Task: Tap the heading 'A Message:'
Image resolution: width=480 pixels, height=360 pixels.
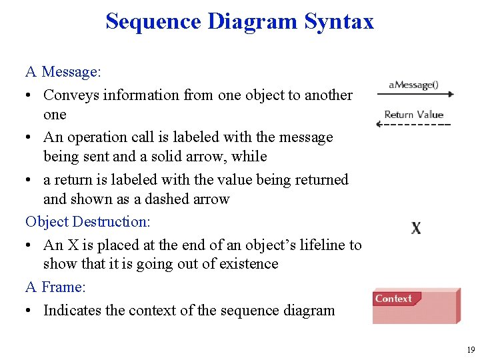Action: coord(62,71)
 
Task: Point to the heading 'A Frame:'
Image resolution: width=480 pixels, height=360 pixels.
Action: coord(55,287)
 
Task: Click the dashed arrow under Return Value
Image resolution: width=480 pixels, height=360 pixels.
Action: coord(414,125)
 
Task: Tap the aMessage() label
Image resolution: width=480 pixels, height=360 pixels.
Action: coord(413,85)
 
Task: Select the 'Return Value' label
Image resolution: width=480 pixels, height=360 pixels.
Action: coord(413,115)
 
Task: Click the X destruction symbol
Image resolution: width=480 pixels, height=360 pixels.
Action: coord(416,228)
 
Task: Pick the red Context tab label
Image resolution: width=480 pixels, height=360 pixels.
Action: coord(394,299)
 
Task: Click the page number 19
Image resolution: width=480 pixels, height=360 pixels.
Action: coord(471,349)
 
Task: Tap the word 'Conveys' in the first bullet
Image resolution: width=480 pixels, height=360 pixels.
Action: coord(72,95)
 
